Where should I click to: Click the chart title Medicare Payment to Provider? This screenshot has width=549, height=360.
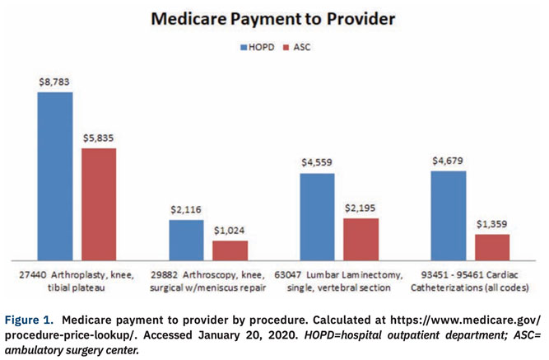[273, 18]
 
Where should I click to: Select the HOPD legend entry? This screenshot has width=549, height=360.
[257, 48]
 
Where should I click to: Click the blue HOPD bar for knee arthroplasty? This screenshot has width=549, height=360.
[54, 175]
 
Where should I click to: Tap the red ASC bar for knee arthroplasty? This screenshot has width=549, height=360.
[99, 203]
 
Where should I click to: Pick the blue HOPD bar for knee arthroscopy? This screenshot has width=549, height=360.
[186, 239]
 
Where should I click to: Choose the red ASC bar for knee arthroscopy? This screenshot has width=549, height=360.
[230, 250]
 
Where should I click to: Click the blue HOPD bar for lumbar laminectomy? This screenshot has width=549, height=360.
[318, 215]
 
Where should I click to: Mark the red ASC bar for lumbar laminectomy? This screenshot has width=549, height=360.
[361, 238]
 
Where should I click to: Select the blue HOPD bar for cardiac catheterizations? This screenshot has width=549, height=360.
[449, 214]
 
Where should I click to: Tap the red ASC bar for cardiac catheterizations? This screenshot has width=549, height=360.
[492, 245]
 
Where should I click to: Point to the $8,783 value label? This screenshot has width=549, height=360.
[54, 82]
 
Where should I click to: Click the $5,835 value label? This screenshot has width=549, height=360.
[99, 138]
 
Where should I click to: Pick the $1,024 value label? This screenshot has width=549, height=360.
[230, 231]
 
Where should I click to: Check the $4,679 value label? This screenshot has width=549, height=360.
[449, 161]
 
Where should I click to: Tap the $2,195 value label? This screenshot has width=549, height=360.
[361, 208]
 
